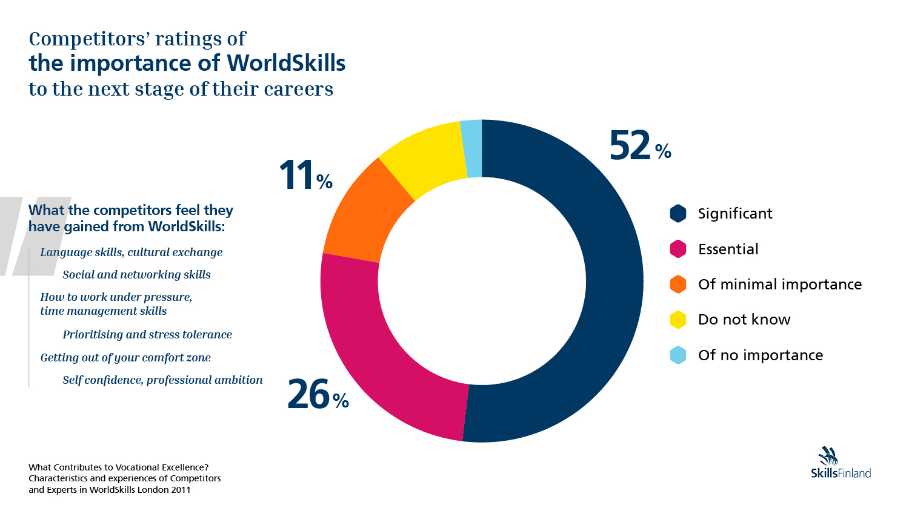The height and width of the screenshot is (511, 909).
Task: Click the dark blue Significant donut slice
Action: [x=612, y=285]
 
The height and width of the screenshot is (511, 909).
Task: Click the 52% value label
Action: [x=639, y=146]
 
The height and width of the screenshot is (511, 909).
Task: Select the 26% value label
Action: [x=318, y=395]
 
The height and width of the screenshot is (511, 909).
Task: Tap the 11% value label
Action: [x=305, y=176]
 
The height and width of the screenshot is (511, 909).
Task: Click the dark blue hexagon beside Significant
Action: [x=678, y=214]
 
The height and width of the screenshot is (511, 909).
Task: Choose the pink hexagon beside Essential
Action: [x=678, y=249]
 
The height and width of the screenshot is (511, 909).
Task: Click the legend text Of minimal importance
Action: [x=779, y=285]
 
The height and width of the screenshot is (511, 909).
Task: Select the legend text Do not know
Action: [x=744, y=320]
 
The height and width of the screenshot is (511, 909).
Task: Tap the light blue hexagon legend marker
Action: [x=678, y=355]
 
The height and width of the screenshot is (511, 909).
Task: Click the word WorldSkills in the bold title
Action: [x=286, y=63]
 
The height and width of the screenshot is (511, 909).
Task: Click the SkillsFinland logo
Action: [x=841, y=464]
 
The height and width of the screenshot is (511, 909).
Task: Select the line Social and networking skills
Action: [x=136, y=275]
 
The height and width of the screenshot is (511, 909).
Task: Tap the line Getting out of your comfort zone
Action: [x=125, y=358]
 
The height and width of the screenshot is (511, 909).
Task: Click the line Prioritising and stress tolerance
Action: [x=147, y=335]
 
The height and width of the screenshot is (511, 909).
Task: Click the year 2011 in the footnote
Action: [x=181, y=490]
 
